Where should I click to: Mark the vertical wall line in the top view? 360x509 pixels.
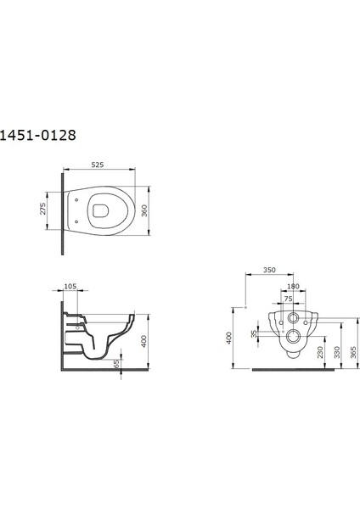[63, 212]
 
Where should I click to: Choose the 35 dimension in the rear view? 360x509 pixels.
[254, 334]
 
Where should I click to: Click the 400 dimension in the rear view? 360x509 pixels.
[229, 338]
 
